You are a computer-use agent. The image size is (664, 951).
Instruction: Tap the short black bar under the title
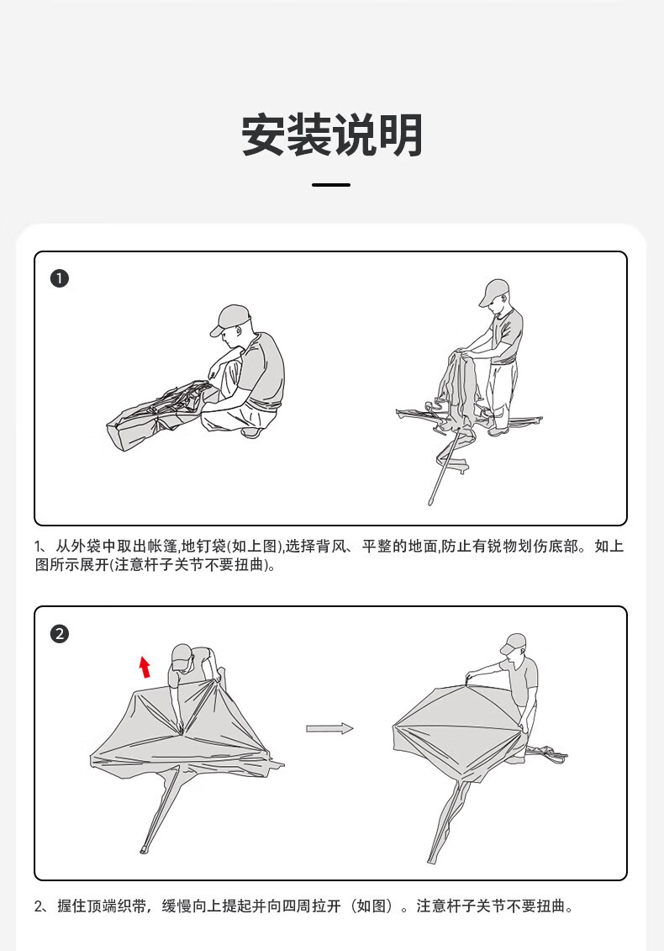point(331,184)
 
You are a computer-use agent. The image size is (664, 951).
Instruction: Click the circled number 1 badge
point(60,278)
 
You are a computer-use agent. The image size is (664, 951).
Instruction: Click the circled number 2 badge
point(60,634)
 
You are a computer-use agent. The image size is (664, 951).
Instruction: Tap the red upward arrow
point(145,667)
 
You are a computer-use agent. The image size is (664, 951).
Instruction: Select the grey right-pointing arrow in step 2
point(329,727)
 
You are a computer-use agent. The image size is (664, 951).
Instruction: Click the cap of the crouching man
point(229,319)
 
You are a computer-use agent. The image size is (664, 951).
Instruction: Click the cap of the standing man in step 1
point(494,293)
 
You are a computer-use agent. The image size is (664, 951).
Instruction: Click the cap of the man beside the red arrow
point(182,655)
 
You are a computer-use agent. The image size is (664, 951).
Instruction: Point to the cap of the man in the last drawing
point(513,644)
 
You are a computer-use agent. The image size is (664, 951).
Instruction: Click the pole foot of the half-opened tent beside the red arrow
point(144,849)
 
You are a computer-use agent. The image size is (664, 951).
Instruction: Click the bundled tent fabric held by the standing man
point(459,387)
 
